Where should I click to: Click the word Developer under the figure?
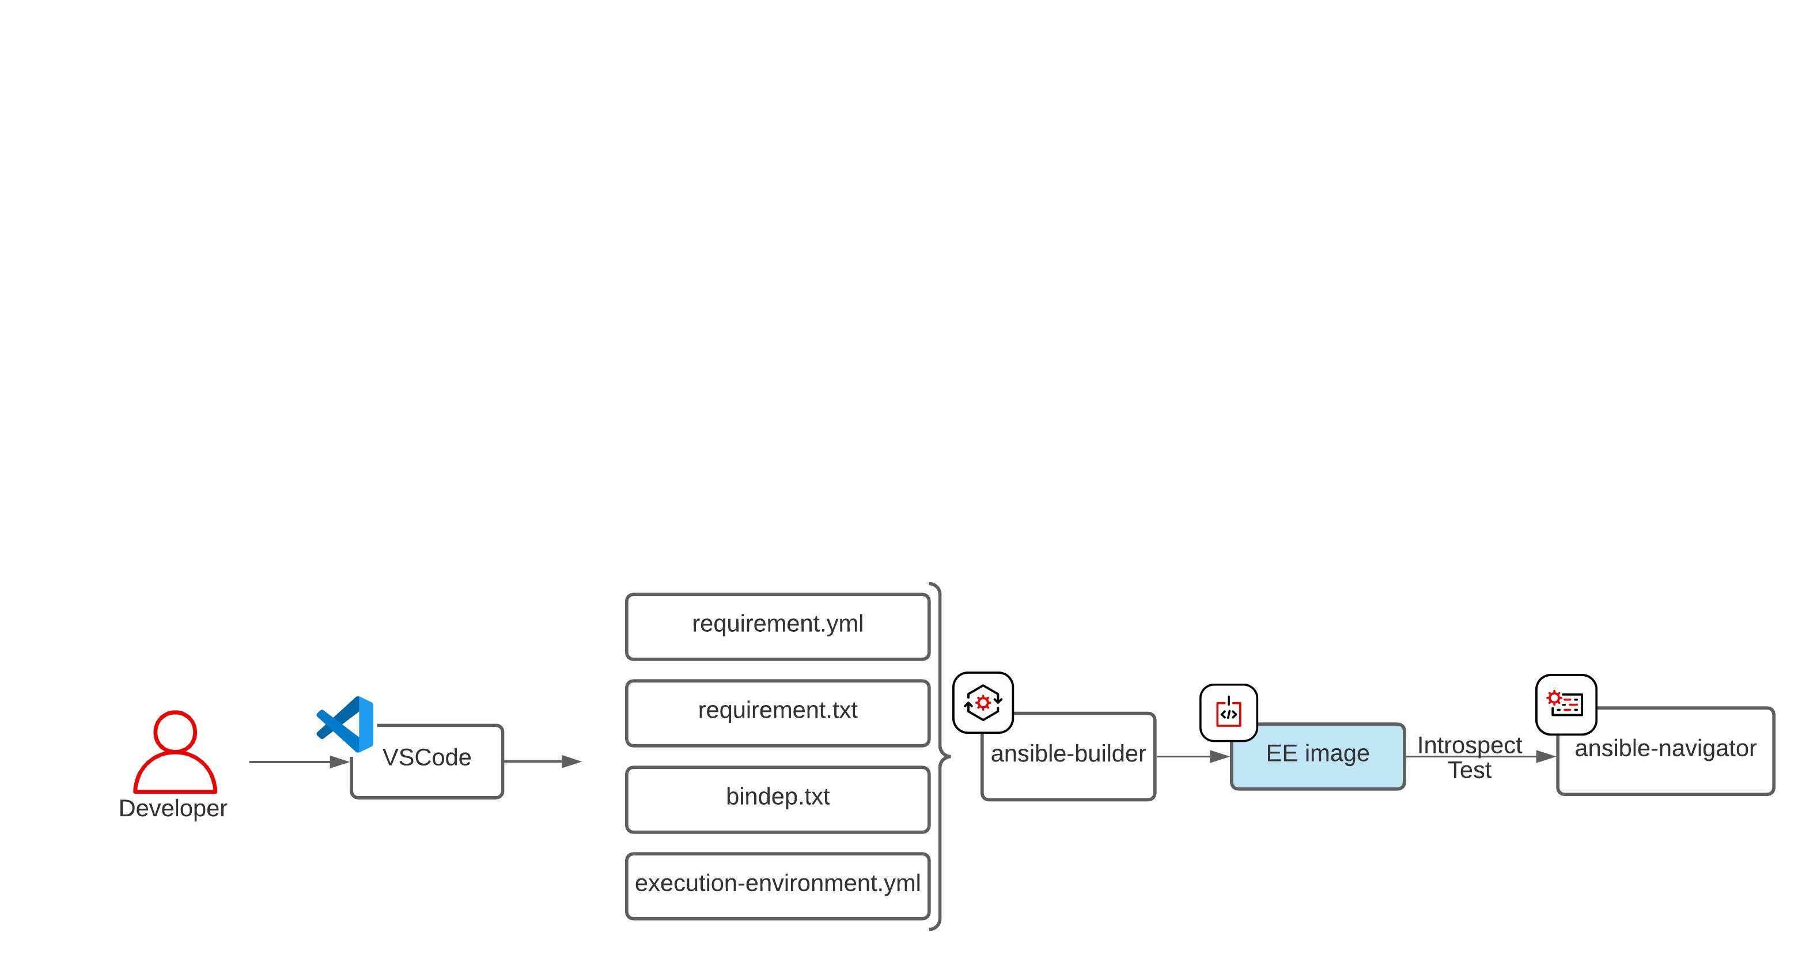(173, 808)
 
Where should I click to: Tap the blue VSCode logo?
(346, 724)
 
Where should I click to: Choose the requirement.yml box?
(777, 626)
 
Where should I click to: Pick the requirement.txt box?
(777, 712)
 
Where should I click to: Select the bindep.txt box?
(777, 799)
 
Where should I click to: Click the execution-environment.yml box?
(777, 885)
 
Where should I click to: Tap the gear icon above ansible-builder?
(983, 703)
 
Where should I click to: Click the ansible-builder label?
(1068, 753)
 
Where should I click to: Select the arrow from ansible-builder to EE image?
(1192, 756)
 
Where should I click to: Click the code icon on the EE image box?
(1228, 712)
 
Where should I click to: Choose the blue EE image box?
(1318, 762)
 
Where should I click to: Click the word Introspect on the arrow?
(1469, 745)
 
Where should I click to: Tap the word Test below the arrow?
(1469, 771)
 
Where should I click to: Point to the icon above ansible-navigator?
(1566, 704)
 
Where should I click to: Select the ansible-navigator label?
(1665, 749)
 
